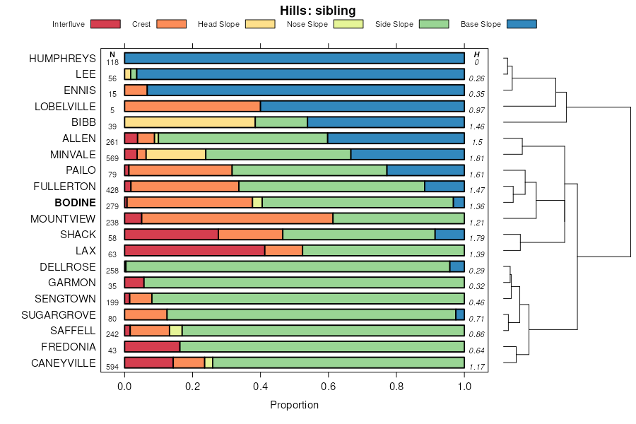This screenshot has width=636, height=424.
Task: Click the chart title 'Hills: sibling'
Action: [317, 10]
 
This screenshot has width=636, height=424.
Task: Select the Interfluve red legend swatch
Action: [105, 24]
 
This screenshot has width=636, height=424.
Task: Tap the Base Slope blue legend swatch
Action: [522, 24]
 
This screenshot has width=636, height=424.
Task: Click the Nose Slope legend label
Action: [307, 24]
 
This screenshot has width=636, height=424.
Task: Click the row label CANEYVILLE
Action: [63, 363]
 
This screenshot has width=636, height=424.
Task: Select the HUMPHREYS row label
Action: [62, 59]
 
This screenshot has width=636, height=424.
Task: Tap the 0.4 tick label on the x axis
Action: [260, 387]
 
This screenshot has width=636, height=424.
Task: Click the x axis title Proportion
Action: [294, 405]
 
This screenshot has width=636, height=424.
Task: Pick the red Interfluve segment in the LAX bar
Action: [194, 250]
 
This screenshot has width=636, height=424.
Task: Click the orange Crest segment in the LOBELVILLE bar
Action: [192, 106]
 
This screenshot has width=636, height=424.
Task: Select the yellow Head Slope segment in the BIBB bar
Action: [189, 122]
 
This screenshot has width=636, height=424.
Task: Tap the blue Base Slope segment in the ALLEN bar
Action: [396, 138]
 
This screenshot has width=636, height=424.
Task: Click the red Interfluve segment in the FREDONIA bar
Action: [152, 346]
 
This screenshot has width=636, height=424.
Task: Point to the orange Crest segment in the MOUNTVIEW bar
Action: [237, 218]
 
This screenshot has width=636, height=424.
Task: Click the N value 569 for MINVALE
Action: [112, 158]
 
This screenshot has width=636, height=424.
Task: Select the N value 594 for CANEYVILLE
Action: [112, 367]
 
